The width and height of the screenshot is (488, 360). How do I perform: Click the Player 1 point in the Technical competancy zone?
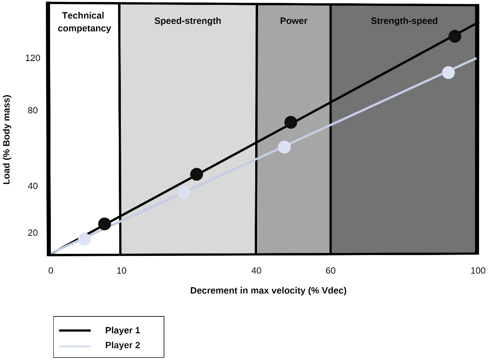[x=105, y=224]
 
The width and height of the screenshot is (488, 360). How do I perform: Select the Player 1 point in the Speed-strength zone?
[x=197, y=174]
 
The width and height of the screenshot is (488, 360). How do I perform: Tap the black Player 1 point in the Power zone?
[x=291, y=122]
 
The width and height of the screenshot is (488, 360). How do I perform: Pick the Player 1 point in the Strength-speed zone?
[x=455, y=36]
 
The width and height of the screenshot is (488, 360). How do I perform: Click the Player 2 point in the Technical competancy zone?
[x=84, y=239]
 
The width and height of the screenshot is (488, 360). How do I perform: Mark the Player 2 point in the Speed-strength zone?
[x=184, y=192]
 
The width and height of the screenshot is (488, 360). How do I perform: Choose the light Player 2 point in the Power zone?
[x=284, y=147]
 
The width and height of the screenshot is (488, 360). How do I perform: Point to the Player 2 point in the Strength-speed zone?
[x=448, y=72]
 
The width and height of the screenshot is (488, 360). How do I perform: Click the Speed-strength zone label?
[x=188, y=21]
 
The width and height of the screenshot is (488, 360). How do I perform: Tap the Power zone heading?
[x=293, y=21]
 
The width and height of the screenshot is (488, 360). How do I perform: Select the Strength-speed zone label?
[x=404, y=21]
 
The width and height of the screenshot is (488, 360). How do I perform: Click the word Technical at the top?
[x=83, y=15]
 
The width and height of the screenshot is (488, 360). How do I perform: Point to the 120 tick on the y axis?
[x=33, y=58]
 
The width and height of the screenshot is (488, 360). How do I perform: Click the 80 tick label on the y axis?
[x=33, y=111]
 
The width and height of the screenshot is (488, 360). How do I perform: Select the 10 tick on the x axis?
[x=121, y=271]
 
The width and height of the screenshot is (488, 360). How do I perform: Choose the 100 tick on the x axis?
[x=478, y=271]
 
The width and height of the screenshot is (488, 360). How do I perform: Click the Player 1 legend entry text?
[x=123, y=330]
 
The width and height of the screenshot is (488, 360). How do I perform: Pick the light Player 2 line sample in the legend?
[x=75, y=346]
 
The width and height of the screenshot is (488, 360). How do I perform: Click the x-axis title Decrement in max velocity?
[x=268, y=291]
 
